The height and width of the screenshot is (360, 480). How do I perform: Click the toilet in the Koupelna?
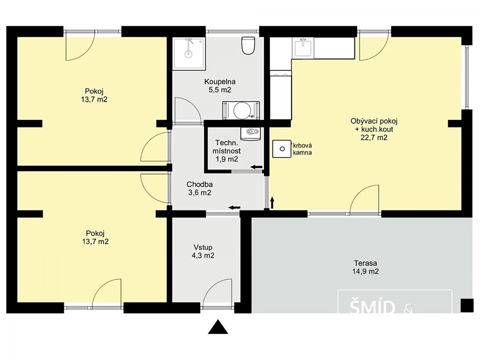pos(248,45)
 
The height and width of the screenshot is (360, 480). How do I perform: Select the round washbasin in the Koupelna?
pos(241,110)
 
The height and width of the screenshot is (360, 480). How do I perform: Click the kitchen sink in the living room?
pos(303,48)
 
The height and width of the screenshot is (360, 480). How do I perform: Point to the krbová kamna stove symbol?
pos(282,149)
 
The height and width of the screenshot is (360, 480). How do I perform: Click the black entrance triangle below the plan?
pos(218,327)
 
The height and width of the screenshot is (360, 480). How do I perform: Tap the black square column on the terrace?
pos(467,305)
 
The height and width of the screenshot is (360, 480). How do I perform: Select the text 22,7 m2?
pos(374,137)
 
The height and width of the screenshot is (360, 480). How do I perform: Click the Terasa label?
pos(366,263)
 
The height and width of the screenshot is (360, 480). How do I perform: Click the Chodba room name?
pos(200,184)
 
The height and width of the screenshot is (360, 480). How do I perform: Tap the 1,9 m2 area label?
pos(226,159)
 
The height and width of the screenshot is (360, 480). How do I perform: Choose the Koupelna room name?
pos(220,82)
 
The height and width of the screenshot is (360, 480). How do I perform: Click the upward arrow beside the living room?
pos(272,202)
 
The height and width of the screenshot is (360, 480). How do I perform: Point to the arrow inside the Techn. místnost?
pos(256,167)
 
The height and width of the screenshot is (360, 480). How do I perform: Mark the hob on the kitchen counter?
pos(280,74)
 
